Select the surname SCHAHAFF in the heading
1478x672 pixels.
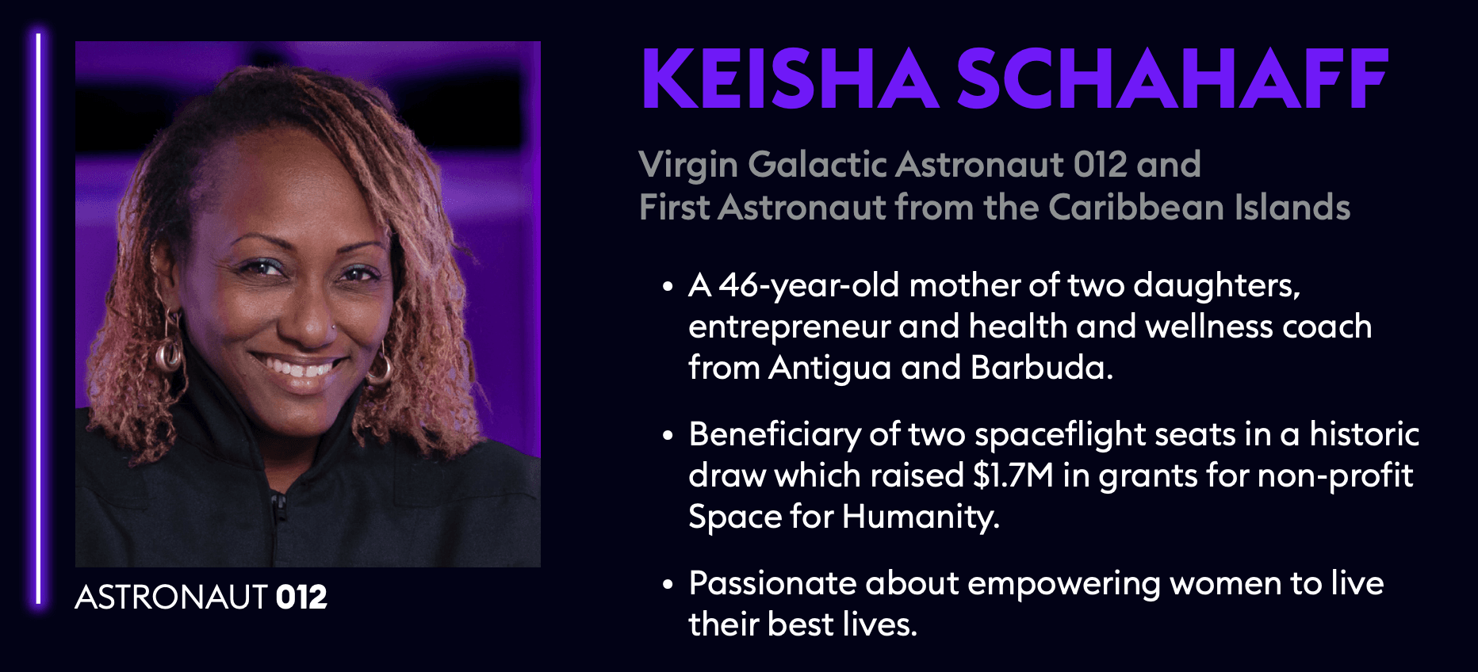pyautogui.click(x=1172, y=78)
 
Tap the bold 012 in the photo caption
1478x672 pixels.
pyautogui.click(x=301, y=597)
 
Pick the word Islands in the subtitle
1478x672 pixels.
pyautogui.click(x=1281, y=208)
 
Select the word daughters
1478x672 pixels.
pyautogui.click(x=1217, y=286)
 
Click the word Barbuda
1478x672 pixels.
pyautogui.click(x=1042, y=368)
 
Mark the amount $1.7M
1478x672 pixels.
pyautogui.click(x=1013, y=475)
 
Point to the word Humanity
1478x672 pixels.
pyautogui.click(x=921, y=517)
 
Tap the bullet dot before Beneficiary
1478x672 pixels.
pyautogui.click(x=668, y=435)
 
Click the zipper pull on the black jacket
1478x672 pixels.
pyautogui.click(x=278, y=507)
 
